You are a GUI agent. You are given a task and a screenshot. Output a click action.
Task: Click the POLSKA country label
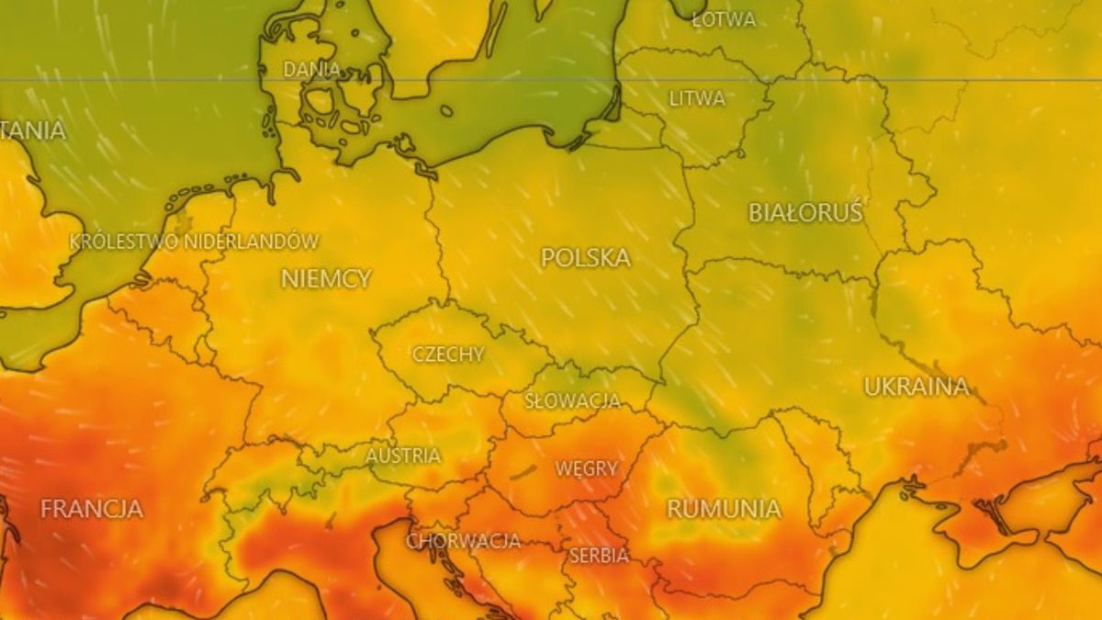pyautogui.click(x=585, y=258)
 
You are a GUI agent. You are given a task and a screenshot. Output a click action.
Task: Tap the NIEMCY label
pyautogui.click(x=326, y=278)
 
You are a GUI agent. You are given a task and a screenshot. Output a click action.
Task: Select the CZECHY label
pyautogui.click(x=448, y=355)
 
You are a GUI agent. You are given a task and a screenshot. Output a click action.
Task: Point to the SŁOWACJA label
pyautogui.click(x=572, y=401)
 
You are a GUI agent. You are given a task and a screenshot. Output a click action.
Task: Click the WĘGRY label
pyautogui.click(x=586, y=468)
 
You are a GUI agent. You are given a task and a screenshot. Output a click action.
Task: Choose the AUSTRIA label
pyautogui.click(x=403, y=456)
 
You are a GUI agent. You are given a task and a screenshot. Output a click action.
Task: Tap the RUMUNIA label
pyautogui.click(x=724, y=509)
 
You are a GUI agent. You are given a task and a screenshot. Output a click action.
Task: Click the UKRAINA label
pyautogui.click(x=916, y=387)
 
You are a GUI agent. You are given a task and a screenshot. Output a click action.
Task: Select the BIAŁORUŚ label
pyautogui.click(x=805, y=213)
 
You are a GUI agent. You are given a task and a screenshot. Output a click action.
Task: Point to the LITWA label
pyautogui.click(x=697, y=98)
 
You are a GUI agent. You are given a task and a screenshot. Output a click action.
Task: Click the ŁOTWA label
pyautogui.click(x=724, y=18)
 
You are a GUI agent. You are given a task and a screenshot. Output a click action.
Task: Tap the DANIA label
pyautogui.click(x=311, y=69)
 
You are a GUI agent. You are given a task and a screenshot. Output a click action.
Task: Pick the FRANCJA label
pyautogui.click(x=91, y=509)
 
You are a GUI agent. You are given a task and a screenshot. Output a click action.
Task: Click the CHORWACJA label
pyautogui.click(x=464, y=541)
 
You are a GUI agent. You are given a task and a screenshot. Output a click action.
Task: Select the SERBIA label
pyautogui.click(x=599, y=556)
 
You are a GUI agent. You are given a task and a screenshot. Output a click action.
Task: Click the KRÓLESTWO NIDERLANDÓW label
pyautogui.click(x=195, y=242)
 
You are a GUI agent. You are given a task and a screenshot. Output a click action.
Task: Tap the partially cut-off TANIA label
pyautogui.click(x=33, y=130)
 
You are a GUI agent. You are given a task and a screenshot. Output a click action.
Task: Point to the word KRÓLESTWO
pyautogui.click(x=124, y=242)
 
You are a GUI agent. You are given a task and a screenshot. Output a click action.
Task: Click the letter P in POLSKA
pyautogui.click(x=548, y=258)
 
